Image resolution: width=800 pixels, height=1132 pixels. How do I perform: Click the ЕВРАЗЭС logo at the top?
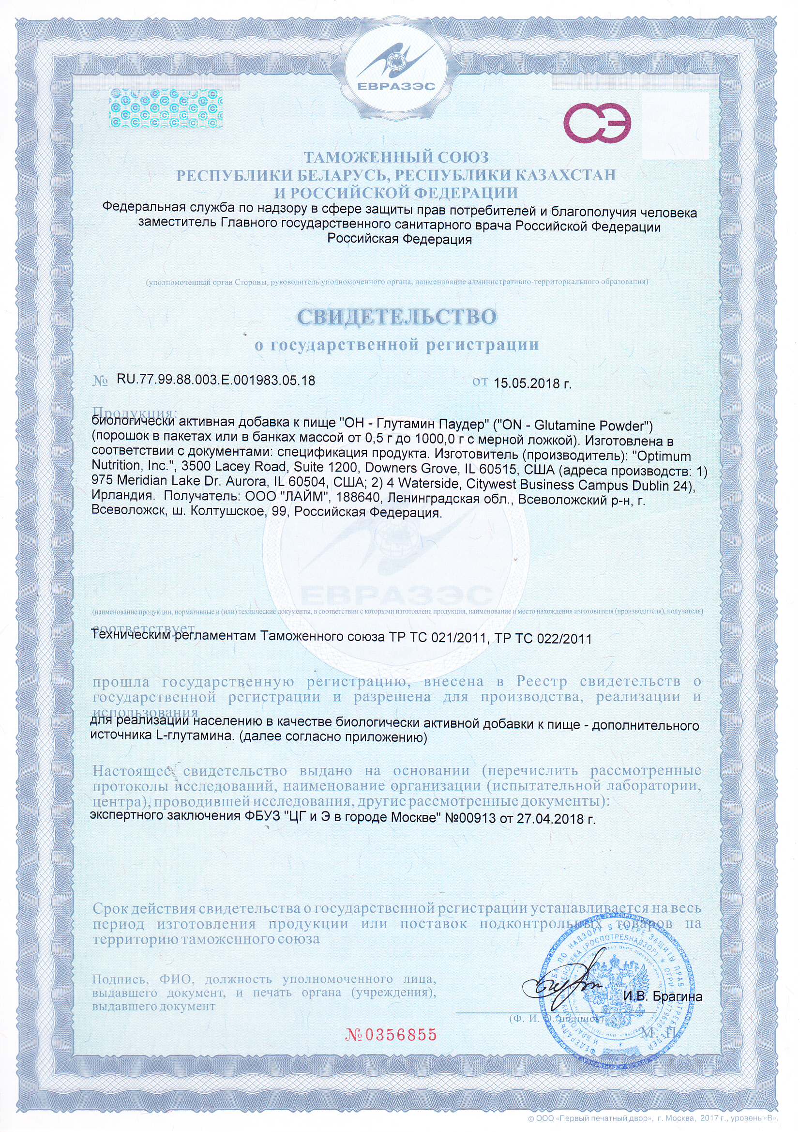point(396,69)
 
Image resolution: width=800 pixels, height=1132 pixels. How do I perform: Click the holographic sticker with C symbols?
point(166,108)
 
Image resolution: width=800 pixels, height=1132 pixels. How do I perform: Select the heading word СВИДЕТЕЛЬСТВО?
point(397,317)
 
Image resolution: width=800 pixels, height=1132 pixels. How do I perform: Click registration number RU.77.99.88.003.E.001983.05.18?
point(216,380)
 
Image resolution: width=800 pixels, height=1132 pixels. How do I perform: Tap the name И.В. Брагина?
point(663,996)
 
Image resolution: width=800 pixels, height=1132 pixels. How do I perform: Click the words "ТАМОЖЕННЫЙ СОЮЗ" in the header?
point(396,157)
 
